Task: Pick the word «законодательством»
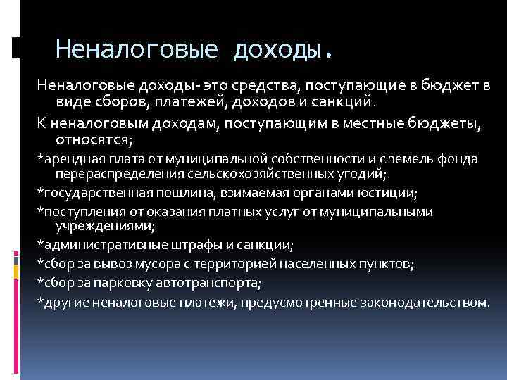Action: [423, 302]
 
